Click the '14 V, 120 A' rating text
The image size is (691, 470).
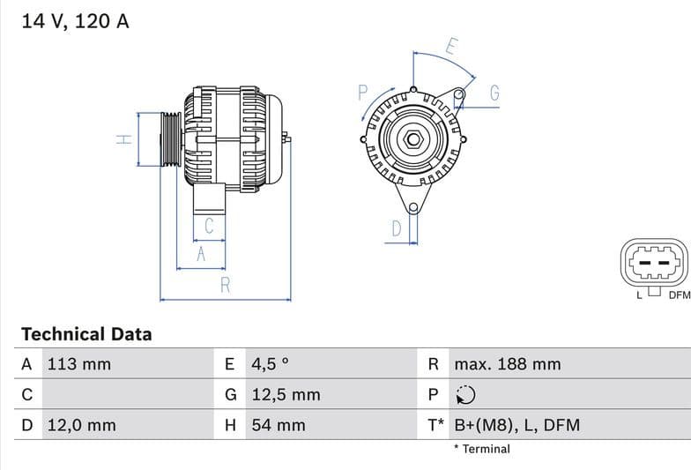tap(75, 21)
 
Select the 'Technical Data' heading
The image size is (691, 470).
tap(86, 334)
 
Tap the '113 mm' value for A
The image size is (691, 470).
tap(78, 364)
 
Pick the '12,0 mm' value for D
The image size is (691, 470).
tap(81, 425)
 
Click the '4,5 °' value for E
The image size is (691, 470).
tap(271, 364)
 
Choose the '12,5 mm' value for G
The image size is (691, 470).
tap(286, 395)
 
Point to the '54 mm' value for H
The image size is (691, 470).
tap(279, 425)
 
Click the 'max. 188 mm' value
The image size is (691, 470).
tap(507, 364)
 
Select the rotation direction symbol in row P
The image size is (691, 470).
tap(465, 395)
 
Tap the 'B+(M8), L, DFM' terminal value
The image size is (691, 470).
tap(516, 425)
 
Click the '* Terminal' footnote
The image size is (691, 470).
tap(481, 449)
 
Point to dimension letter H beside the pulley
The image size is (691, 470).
tap(125, 138)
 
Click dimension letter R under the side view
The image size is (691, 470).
tap(226, 285)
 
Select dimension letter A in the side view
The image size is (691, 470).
tap(201, 254)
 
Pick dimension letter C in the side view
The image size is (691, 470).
tap(209, 226)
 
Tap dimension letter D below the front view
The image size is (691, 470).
tap(397, 229)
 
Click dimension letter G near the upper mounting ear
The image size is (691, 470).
tap(494, 93)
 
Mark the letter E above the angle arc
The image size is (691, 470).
tap(451, 45)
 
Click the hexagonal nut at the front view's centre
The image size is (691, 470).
tap(412, 138)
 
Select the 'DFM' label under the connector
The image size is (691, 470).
tap(679, 295)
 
